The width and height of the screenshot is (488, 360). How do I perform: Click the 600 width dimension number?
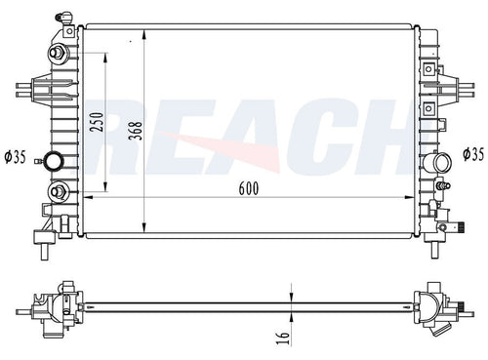[249, 188]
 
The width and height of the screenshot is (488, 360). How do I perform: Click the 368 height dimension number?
[136, 131]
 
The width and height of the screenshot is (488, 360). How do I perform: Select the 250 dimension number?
[97, 122]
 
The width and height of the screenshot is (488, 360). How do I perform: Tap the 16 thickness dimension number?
[283, 339]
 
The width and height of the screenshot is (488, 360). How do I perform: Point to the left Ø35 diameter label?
[16, 157]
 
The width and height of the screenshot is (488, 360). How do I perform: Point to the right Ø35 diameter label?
[473, 154]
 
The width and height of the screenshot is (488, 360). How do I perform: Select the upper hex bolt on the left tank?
[59, 53]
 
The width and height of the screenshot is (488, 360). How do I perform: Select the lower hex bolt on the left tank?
[59, 191]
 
